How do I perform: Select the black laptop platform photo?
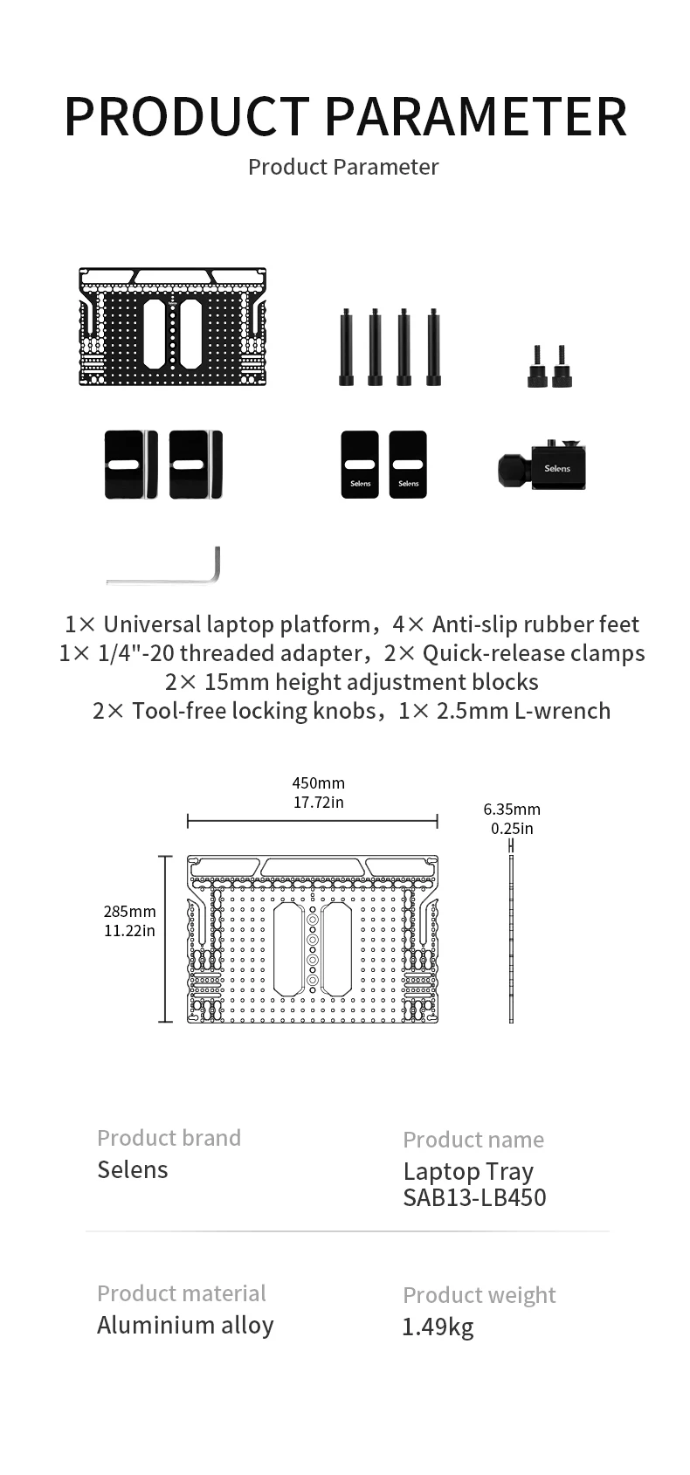click(x=172, y=327)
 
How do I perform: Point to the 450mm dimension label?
click(x=318, y=783)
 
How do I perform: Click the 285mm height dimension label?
click(x=130, y=912)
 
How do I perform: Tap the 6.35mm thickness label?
click(x=512, y=810)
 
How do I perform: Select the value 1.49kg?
click(x=438, y=1327)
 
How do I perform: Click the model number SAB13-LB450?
click(x=474, y=1197)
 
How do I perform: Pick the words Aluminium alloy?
click(x=185, y=1326)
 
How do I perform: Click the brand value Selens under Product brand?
click(x=132, y=1170)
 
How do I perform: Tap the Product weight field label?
click(x=479, y=1295)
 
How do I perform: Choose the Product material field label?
click(x=181, y=1293)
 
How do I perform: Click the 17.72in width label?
click(x=318, y=803)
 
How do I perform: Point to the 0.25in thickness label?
click(x=512, y=829)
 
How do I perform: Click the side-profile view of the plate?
click(x=511, y=939)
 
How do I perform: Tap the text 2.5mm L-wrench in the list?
click(x=523, y=711)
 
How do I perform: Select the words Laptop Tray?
click(x=468, y=1172)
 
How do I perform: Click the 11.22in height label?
click(x=130, y=931)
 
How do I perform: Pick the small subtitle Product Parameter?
click(x=343, y=167)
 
